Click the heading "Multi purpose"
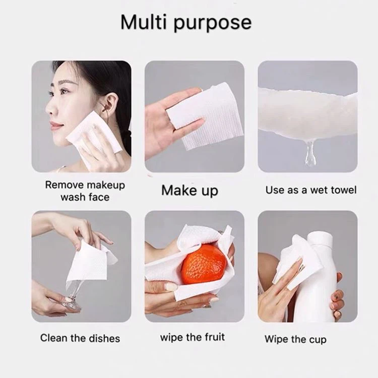pos(186,22)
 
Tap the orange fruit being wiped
pos(204,264)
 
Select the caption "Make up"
pos(190,191)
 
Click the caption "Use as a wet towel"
pos(311,190)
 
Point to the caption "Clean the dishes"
pos(80,338)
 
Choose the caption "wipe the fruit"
pos(193,337)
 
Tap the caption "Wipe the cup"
pos(295,339)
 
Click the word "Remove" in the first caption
pos(65,185)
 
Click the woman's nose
pos(50,108)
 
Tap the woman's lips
pos(54,125)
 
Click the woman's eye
pos(64,92)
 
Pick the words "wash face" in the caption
pos(85,197)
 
